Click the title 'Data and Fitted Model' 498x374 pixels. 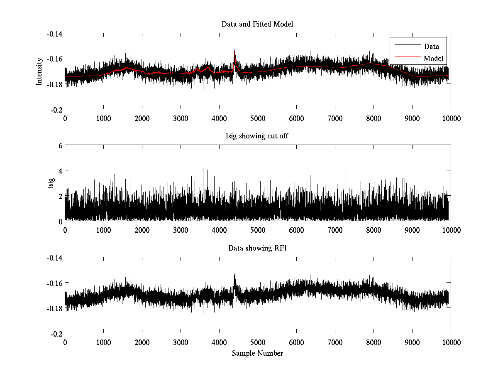pyautogui.click(x=257, y=24)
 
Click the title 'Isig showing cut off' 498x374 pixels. pyautogui.click(x=257, y=136)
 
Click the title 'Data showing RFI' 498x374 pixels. pyautogui.click(x=257, y=249)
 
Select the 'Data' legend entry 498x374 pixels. pyautogui.click(x=431, y=47)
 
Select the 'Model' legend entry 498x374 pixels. pyautogui.click(x=433, y=59)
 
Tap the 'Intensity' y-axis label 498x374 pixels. pyautogui.click(x=39, y=71)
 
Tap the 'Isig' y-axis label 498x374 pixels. pyautogui.click(x=51, y=183)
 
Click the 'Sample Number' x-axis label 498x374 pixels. pyautogui.click(x=257, y=353)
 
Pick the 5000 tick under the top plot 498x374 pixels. pyautogui.click(x=257, y=118)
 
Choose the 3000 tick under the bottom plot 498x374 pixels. pyautogui.click(x=181, y=342)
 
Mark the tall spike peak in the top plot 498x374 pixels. pyautogui.click(x=235, y=49)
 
